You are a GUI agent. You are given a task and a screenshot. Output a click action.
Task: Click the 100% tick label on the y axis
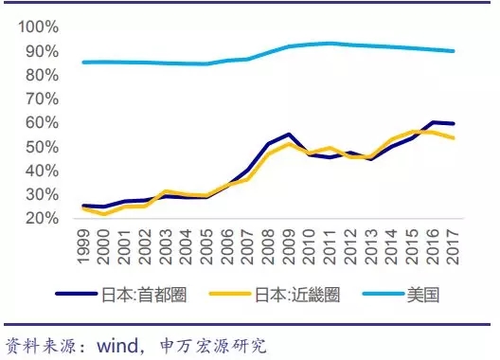[x=39, y=27]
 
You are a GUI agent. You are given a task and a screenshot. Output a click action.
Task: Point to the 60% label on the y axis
[x=43, y=122]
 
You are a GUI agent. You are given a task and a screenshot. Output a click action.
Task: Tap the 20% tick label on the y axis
[x=43, y=218]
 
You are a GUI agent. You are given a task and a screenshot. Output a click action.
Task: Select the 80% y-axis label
[x=43, y=76]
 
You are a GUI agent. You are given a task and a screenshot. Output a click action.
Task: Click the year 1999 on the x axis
[x=84, y=246]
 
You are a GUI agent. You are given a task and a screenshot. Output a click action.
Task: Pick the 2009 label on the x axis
[x=289, y=246]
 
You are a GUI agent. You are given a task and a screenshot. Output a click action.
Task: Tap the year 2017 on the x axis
[x=453, y=246]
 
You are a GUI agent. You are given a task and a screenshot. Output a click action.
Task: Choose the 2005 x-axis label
[x=207, y=246]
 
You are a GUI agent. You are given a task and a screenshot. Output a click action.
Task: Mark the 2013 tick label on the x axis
[x=371, y=246]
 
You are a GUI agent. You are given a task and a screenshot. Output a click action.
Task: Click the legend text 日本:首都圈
[x=144, y=295]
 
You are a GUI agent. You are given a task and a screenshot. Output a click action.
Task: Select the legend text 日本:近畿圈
[x=297, y=295]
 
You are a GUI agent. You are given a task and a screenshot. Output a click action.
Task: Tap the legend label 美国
[x=423, y=295]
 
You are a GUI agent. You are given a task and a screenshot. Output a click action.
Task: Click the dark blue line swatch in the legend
[x=77, y=294]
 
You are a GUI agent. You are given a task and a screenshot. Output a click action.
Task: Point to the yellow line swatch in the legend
[x=230, y=294]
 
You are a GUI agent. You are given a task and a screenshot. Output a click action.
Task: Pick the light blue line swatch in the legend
[x=384, y=294]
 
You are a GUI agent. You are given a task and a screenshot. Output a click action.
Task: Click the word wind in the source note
[x=117, y=346]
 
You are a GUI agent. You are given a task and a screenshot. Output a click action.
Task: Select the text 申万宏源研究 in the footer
[x=213, y=346]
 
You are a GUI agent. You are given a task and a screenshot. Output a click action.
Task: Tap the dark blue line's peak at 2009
[x=289, y=135]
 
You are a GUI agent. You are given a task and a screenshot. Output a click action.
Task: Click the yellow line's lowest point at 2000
[x=104, y=214]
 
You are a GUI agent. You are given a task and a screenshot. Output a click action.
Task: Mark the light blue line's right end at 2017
[x=453, y=51]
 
